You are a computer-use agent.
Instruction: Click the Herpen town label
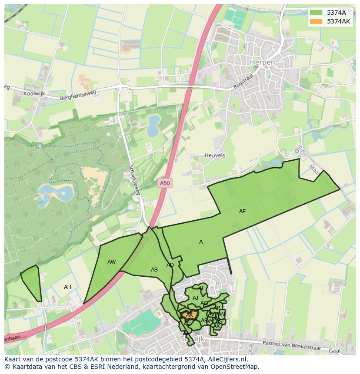[262, 63]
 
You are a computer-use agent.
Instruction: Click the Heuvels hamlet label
[215, 155]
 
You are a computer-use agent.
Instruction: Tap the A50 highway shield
[165, 183]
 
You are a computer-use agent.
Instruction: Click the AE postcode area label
[242, 212]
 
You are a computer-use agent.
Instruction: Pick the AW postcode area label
[112, 262]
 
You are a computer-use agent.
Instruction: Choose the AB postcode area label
[154, 270]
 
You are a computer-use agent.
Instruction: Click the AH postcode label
[67, 287]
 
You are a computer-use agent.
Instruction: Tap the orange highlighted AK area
[190, 314]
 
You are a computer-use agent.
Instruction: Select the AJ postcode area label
[195, 298]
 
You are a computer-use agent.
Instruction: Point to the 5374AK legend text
[338, 21]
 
